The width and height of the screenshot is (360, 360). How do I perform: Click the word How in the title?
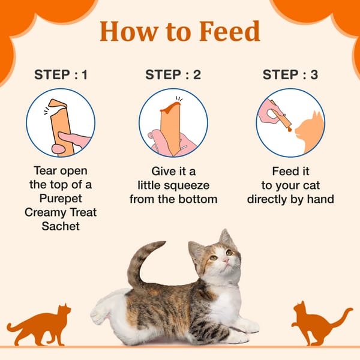coord(129,31)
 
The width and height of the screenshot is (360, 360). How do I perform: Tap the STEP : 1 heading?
coord(61,75)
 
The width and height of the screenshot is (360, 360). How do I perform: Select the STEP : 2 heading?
coord(173,75)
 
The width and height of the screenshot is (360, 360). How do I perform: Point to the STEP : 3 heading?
coord(291,75)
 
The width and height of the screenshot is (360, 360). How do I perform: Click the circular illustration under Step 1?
coord(61,122)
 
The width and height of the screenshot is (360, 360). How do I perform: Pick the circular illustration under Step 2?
coord(173,122)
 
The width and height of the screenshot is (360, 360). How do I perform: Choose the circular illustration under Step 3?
coord(291,122)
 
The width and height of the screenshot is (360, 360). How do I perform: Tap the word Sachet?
coord(61,226)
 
